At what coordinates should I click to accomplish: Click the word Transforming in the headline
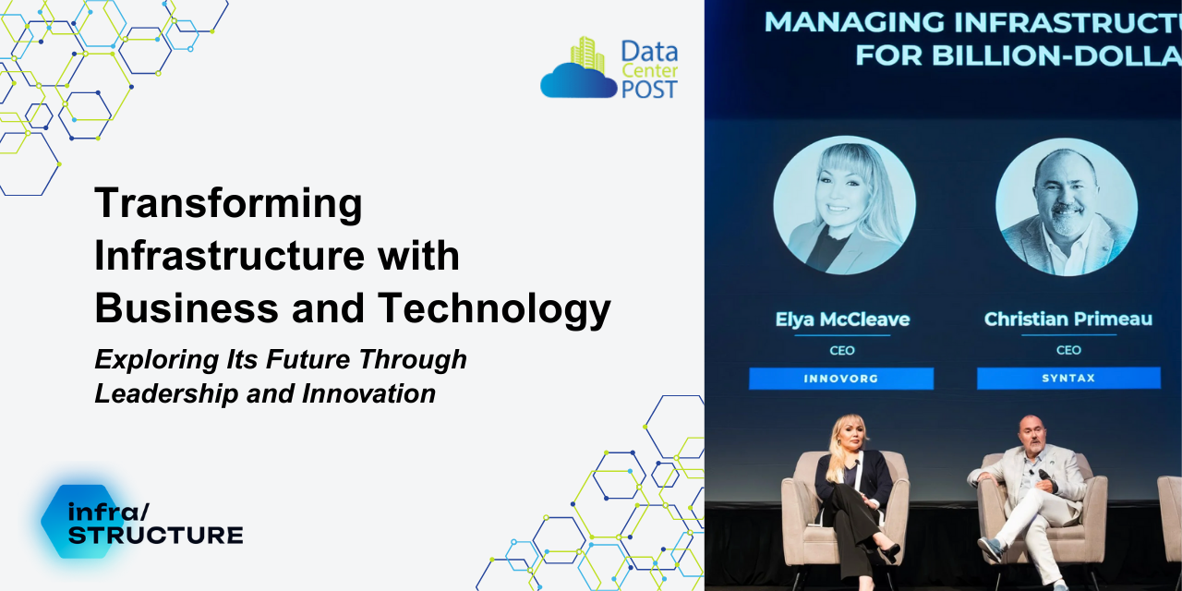[x=228, y=204]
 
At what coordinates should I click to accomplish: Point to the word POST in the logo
[x=649, y=89]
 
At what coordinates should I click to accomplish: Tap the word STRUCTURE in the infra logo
[x=155, y=535]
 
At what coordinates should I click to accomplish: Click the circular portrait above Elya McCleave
[x=844, y=205]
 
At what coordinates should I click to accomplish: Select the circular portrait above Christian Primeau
[x=1067, y=206]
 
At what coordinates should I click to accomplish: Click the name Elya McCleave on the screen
[x=842, y=320]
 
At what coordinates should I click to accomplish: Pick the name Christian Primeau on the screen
[x=1067, y=320]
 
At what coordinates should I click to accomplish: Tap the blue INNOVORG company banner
[x=840, y=379]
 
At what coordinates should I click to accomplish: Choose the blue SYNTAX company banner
[x=1067, y=379]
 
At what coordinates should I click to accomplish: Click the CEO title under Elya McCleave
[x=842, y=351]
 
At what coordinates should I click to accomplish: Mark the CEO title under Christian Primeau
[x=1067, y=351]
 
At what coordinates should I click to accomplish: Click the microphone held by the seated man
[x=1044, y=476]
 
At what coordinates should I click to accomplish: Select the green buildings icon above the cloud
[x=587, y=54]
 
